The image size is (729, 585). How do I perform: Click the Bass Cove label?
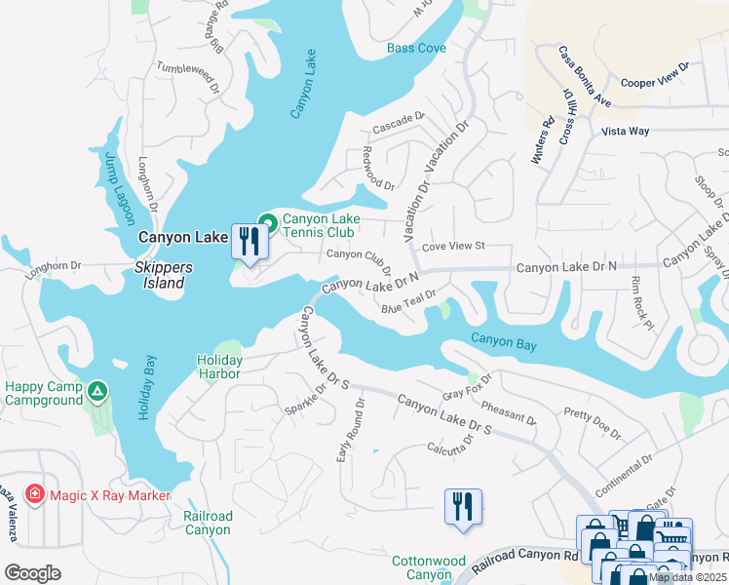[x=416, y=48]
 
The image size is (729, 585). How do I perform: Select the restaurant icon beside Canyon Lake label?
[x=249, y=240]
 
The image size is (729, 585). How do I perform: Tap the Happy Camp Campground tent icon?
[x=96, y=392]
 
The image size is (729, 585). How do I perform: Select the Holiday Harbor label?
[x=219, y=368]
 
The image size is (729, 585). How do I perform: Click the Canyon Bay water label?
[x=504, y=340]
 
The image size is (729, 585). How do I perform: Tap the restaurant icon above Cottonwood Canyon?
[x=463, y=507]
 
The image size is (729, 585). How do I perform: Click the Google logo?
[x=32, y=573]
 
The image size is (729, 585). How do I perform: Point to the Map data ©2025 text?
[x=687, y=576]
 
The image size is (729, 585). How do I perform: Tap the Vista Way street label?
[x=625, y=131]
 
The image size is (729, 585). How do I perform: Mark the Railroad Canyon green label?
[x=208, y=523]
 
